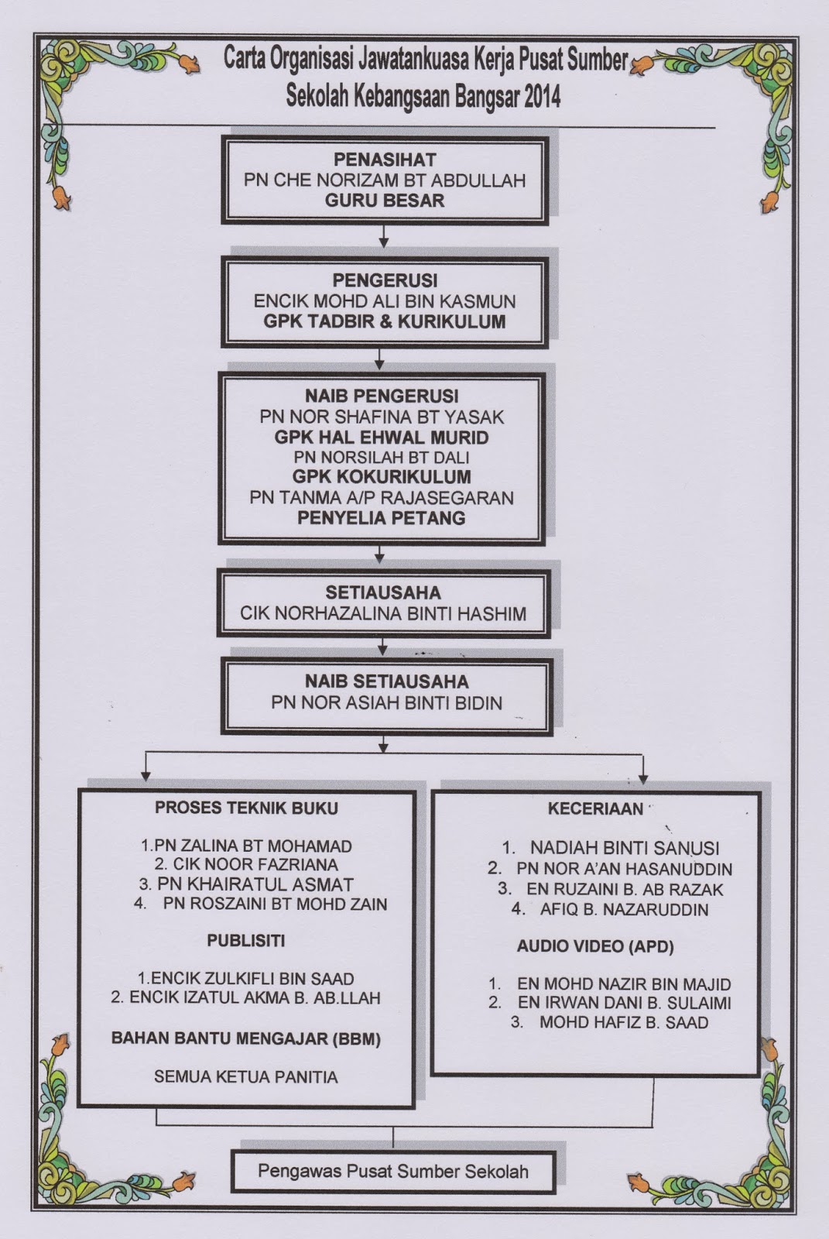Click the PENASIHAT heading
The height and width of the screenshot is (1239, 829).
pyautogui.click(x=385, y=160)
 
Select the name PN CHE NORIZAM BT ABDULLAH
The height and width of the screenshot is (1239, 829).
pyautogui.click(x=385, y=180)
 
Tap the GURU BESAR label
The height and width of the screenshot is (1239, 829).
pyautogui.click(x=385, y=201)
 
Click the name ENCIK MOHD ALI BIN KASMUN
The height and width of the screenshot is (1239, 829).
pyautogui.click(x=385, y=301)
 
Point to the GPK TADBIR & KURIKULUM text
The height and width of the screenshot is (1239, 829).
pyautogui.click(x=385, y=321)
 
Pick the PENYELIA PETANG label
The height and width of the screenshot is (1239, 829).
pyautogui.click(x=382, y=517)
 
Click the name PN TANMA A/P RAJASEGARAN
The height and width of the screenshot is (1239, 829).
pyautogui.click(x=382, y=497)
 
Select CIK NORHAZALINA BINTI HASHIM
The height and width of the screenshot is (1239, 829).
pyautogui.click(x=383, y=614)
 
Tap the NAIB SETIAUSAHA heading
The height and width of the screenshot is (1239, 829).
pyautogui.click(x=385, y=682)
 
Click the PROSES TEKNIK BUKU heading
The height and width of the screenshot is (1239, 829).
pyautogui.click(x=246, y=808)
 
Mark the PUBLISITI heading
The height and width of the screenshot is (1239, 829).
pyautogui.click(x=246, y=941)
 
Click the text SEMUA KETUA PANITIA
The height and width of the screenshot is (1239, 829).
pyautogui.click(x=246, y=1076)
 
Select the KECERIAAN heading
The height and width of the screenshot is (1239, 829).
pyautogui.click(x=595, y=809)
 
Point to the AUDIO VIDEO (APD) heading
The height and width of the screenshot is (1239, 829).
pyautogui.click(x=595, y=946)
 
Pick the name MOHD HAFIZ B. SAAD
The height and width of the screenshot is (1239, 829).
pyautogui.click(x=623, y=1022)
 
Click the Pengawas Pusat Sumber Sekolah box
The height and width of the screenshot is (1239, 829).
pyautogui.click(x=393, y=1171)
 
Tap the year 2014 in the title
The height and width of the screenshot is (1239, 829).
pyautogui.click(x=542, y=98)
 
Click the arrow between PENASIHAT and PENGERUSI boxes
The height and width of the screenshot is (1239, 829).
pyautogui.click(x=384, y=238)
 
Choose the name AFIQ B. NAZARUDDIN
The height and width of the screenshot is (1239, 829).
pyautogui.click(x=623, y=909)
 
